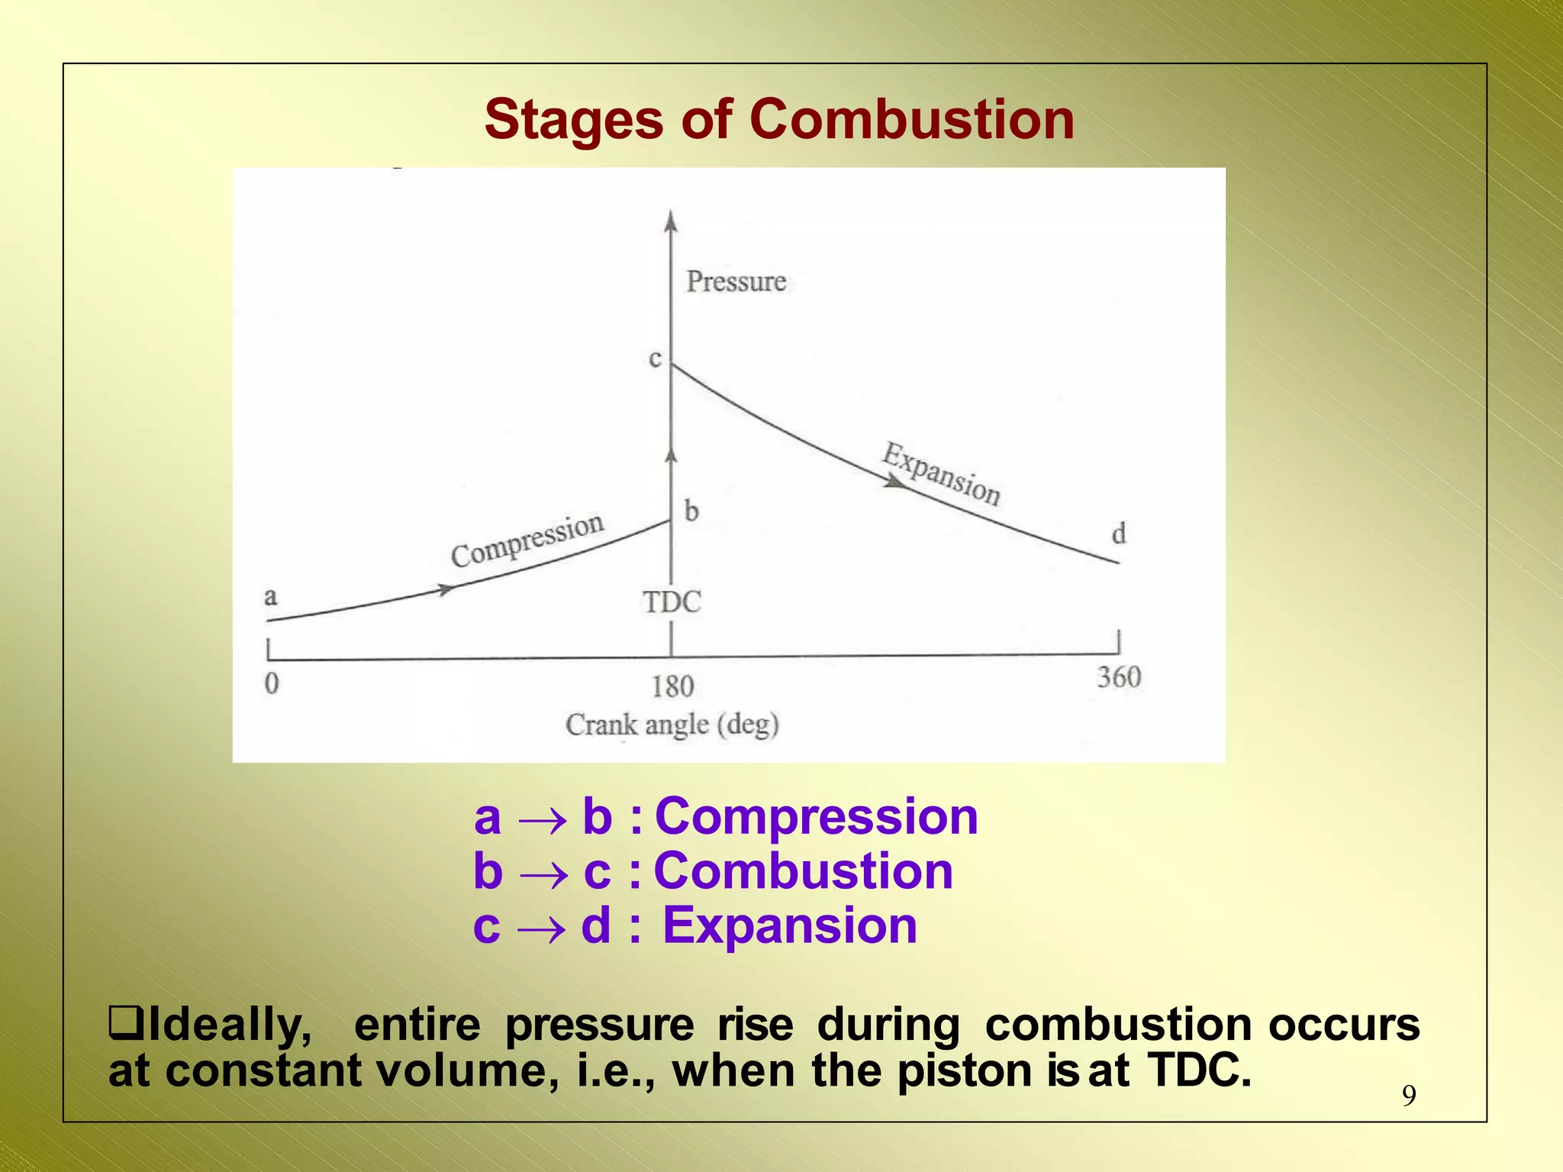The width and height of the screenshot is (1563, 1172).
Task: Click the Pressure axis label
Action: tap(736, 282)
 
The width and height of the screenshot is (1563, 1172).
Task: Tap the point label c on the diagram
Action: tap(655, 358)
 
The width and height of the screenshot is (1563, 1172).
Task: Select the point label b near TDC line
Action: tap(691, 510)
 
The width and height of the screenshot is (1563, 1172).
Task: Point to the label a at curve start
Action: tap(270, 596)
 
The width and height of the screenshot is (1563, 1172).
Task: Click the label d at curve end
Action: tap(1118, 534)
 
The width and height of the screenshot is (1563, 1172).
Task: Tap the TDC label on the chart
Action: tap(672, 602)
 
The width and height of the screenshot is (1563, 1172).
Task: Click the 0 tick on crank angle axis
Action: tap(272, 683)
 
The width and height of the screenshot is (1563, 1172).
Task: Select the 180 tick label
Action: tap(672, 686)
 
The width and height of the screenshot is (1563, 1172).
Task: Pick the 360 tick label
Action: tap(1119, 677)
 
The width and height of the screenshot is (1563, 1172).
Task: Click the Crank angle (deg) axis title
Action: tap(672, 724)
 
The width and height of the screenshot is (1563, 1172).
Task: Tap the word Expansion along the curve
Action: tap(941, 474)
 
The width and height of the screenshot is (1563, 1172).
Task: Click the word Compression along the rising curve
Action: tap(527, 541)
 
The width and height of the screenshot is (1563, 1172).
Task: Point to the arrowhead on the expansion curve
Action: tap(894, 481)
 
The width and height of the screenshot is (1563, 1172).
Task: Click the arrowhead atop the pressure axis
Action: tap(671, 221)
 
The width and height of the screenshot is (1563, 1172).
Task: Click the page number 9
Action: tap(1409, 1096)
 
